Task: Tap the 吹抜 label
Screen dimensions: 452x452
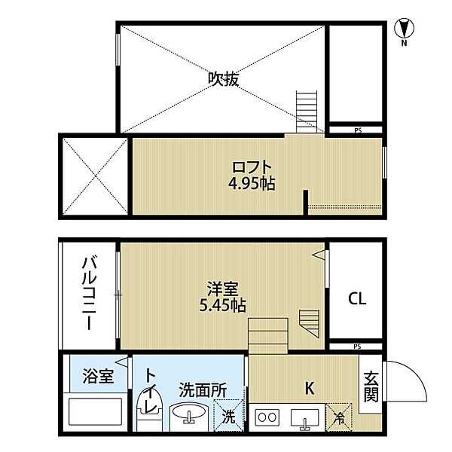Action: (224, 78)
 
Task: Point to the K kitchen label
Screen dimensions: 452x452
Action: (308, 389)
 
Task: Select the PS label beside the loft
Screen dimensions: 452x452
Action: (357, 130)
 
